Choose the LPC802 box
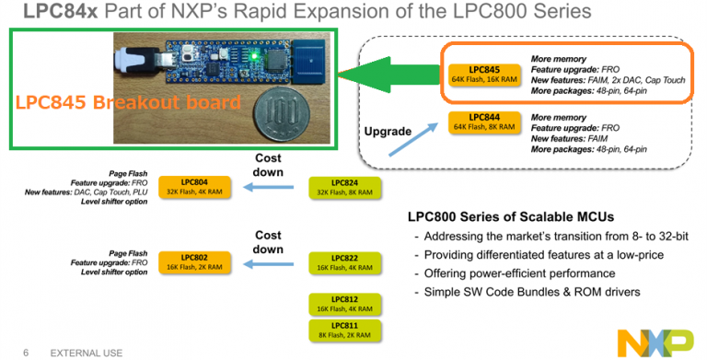click(x=194, y=261)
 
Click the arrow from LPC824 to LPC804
click(x=267, y=188)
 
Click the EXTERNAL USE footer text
click(x=85, y=350)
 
